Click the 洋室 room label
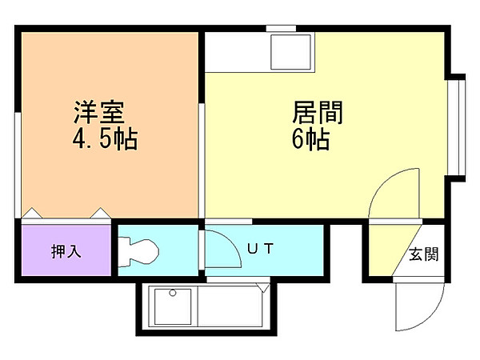click(x=99, y=112)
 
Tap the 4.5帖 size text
click(x=105, y=139)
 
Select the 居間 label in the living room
click(x=318, y=112)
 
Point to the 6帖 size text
click(x=310, y=139)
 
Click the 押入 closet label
click(x=66, y=252)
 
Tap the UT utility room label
click(x=260, y=249)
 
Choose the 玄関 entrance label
click(x=424, y=254)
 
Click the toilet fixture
click(x=138, y=252)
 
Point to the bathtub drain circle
click(x=173, y=293)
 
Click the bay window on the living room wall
click(x=457, y=128)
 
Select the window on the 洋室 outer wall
click(x=18, y=165)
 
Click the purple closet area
click(x=66, y=250)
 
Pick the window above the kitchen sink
click(x=281, y=29)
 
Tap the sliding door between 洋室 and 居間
click(x=202, y=161)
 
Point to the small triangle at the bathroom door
click(x=263, y=288)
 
